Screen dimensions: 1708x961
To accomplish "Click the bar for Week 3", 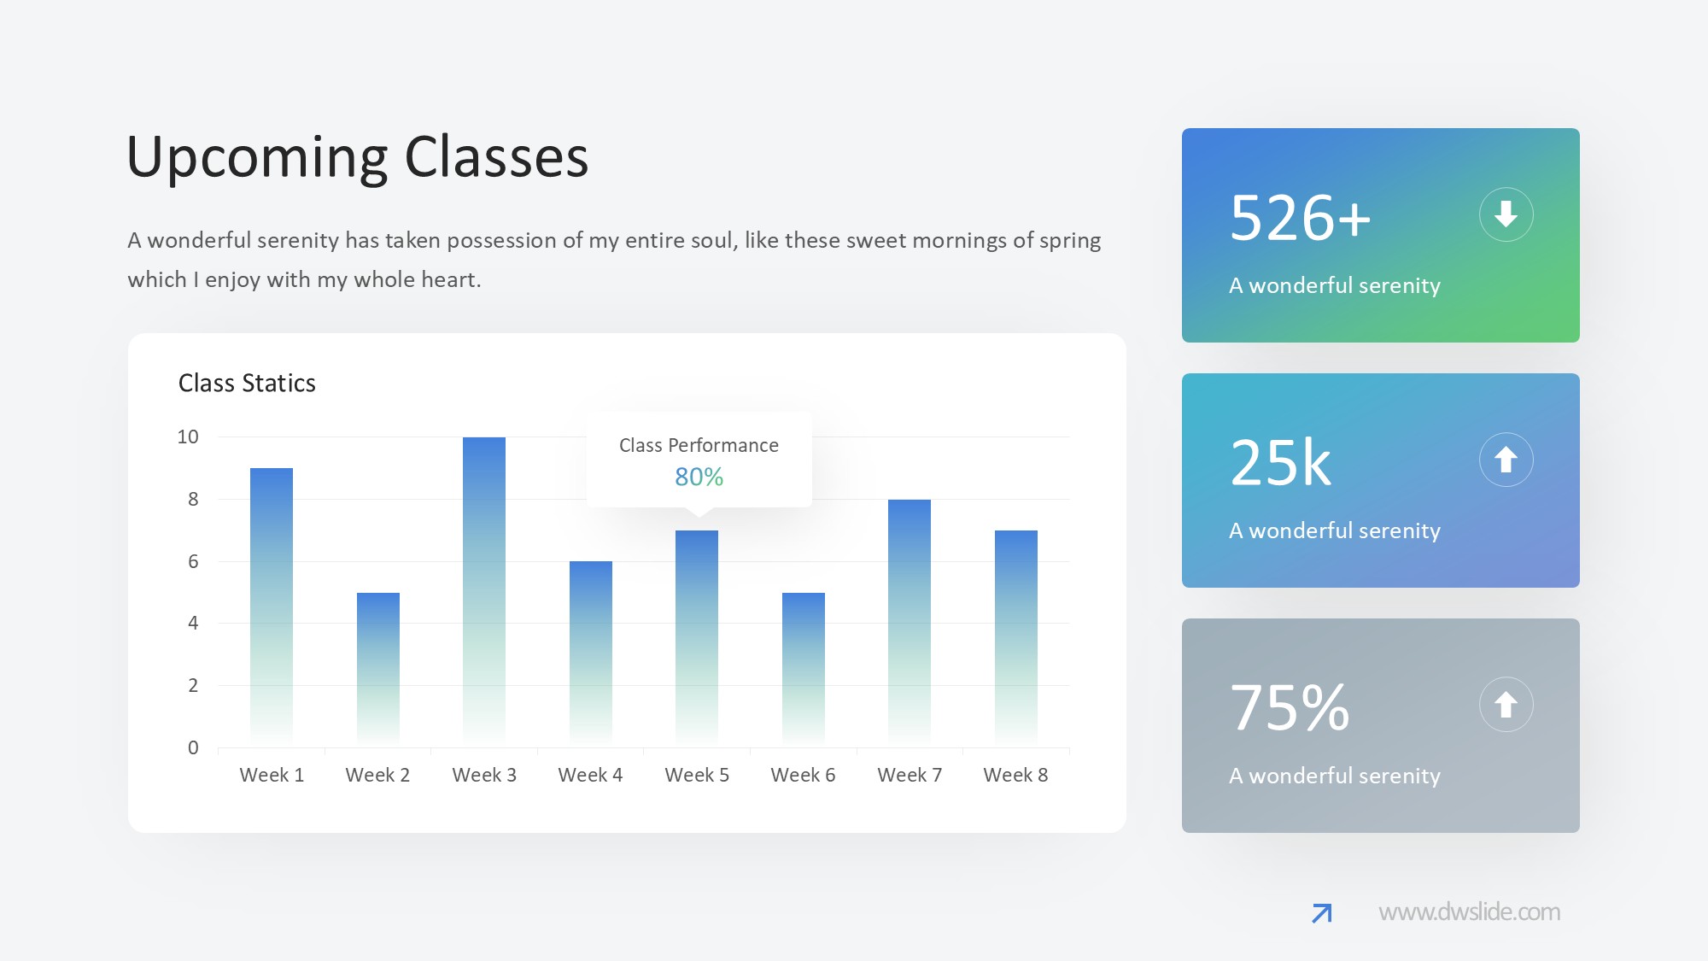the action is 484,592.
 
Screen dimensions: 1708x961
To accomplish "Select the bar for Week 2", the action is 378,670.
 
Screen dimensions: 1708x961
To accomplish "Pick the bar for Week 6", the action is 804,670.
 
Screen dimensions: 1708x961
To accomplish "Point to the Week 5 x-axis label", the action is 697,775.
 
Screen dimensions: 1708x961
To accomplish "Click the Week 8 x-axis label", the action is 1015,775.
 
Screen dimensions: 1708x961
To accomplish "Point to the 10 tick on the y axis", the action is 188,437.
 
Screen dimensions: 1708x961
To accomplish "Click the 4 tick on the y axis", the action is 193,623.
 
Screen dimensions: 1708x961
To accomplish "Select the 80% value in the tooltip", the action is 699,477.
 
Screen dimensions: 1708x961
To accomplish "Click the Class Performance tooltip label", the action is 699,445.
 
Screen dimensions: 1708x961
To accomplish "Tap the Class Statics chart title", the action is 247,383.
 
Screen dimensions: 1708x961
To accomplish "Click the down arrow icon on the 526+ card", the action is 1506,214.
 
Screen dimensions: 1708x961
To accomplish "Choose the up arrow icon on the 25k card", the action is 1506,460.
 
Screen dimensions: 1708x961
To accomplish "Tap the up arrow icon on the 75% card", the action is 1506,705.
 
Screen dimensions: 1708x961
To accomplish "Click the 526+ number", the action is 1300,218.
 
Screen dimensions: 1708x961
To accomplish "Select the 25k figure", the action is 1280,463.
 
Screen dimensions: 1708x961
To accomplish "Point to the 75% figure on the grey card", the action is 1290,708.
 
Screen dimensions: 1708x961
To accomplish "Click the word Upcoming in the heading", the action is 258,159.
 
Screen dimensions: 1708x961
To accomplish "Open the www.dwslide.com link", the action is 1469,912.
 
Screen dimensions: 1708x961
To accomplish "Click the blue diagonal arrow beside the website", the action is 1321,913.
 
